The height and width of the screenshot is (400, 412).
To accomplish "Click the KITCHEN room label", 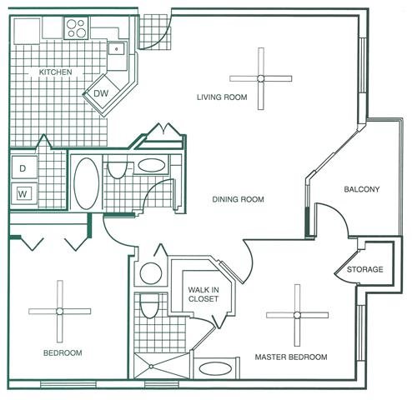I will [56, 72].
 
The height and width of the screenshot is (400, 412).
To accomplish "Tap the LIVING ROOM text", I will [222, 97].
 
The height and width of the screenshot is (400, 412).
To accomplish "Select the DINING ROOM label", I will [239, 199].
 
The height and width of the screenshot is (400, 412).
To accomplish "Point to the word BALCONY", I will [362, 189].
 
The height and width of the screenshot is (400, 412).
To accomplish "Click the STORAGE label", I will [365, 269].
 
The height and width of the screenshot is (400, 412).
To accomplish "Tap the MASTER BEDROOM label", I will [290, 357].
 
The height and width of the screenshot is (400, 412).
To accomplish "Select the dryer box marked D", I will [23, 167].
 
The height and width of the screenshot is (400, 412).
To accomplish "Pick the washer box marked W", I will [23, 195].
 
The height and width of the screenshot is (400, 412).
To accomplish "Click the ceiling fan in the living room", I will [261, 78].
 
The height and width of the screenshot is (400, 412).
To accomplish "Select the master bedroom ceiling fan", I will [296, 315].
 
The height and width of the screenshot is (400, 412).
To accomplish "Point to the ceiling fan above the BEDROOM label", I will [60, 310].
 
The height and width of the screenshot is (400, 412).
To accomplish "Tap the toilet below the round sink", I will [149, 307].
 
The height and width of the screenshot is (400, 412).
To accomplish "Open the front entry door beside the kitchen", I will [154, 29].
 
